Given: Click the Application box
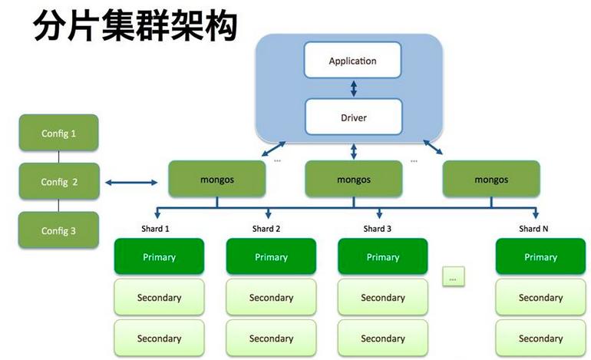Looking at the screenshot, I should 352,61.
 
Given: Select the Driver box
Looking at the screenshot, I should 352,117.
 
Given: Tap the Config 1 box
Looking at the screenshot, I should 59,134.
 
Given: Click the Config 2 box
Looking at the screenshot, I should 59,182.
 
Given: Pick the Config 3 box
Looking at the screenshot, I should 59,230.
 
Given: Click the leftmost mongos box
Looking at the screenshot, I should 217,179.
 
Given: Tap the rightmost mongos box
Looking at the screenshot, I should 491,179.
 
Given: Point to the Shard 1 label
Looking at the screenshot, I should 155,228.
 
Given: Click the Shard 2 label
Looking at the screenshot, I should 266,228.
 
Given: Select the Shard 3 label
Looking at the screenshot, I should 378,228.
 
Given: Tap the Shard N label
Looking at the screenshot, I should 534,228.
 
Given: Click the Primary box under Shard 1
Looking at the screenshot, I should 159,256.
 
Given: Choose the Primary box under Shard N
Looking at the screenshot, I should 540,256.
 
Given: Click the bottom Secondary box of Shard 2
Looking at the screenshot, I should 271,338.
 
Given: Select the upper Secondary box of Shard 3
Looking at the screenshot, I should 382,297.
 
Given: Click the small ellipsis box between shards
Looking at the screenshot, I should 454,277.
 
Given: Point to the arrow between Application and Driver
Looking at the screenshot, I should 353,88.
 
